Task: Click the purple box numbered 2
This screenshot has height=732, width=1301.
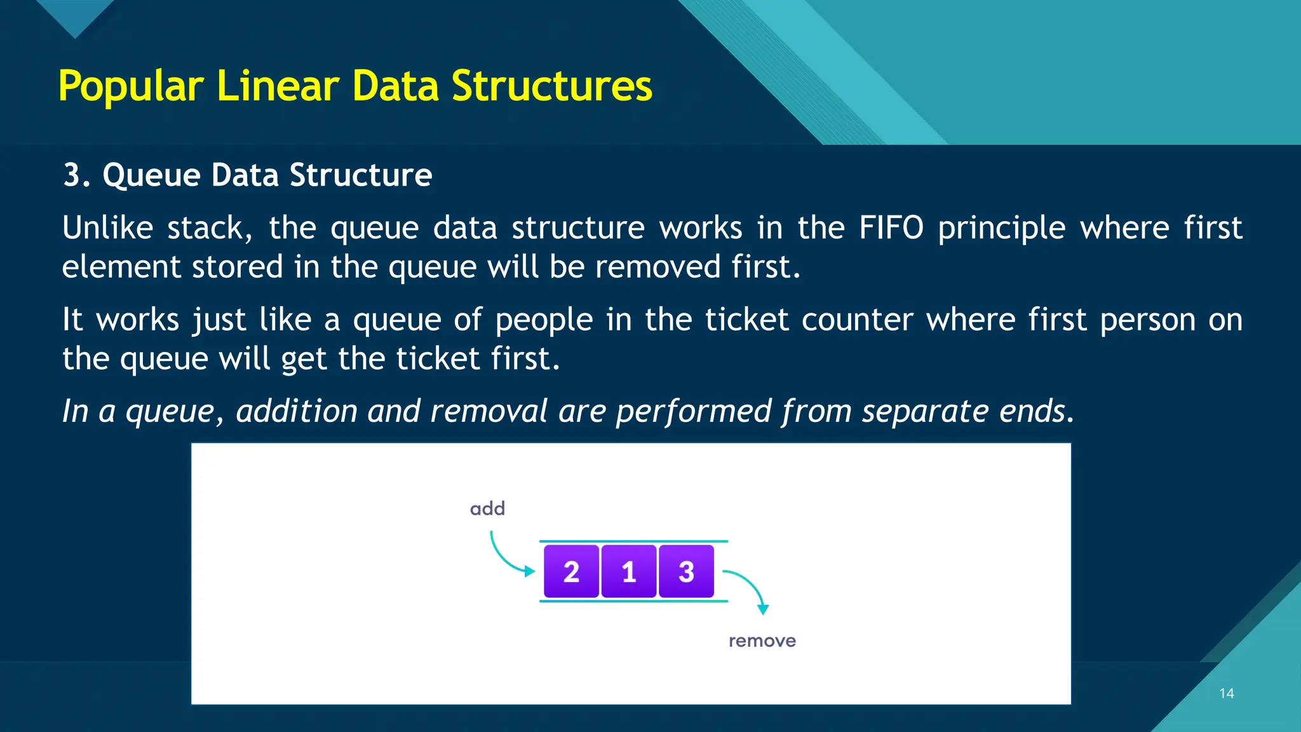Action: tap(571, 571)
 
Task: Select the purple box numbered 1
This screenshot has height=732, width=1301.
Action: tap(628, 571)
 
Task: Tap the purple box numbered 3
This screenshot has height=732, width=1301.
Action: tap(686, 571)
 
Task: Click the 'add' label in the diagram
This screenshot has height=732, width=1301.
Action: tap(487, 508)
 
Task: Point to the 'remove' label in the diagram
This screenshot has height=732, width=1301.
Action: tap(762, 640)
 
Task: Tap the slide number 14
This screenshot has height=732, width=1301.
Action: tap(1226, 693)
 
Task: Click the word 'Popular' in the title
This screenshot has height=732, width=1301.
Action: tap(131, 86)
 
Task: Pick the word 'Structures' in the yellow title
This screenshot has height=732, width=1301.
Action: tap(551, 86)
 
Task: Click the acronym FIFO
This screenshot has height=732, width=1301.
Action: tap(891, 227)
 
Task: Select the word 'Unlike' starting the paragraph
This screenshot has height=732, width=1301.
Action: tap(107, 227)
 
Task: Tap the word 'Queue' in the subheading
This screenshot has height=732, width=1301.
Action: tap(151, 175)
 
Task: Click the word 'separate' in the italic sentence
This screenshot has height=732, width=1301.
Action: tap(925, 410)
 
